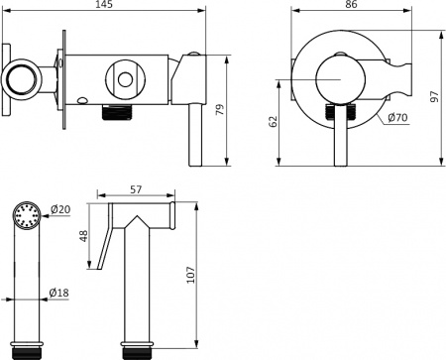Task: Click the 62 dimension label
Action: (x=275, y=122)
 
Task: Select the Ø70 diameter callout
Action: (x=398, y=118)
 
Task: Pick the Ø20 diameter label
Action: (x=59, y=209)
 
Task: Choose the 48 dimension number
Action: (x=84, y=237)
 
